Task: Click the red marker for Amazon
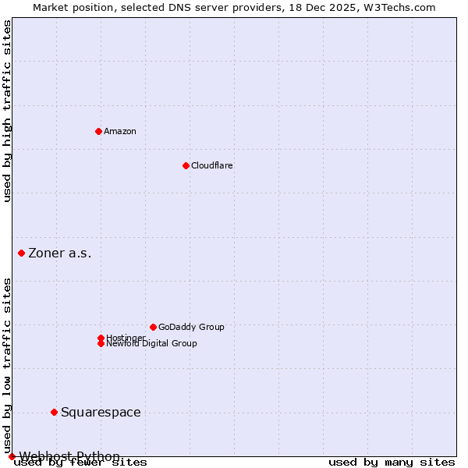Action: click(98, 131)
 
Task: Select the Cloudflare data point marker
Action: click(186, 165)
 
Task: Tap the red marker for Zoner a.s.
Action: click(21, 253)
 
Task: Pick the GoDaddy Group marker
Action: click(153, 327)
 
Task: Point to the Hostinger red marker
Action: click(101, 338)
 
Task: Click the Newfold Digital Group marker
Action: click(101, 343)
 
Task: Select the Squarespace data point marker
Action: click(54, 412)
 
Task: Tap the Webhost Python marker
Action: click(12, 456)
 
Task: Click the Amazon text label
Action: click(120, 131)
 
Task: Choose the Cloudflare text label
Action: click(212, 165)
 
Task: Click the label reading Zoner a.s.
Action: click(60, 253)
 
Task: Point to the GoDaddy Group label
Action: click(191, 327)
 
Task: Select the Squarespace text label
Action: click(101, 412)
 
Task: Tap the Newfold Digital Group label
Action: click(152, 344)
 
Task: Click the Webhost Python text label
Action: click(69, 456)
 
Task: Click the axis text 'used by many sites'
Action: click(392, 463)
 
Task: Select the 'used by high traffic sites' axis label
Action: click(7, 111)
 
